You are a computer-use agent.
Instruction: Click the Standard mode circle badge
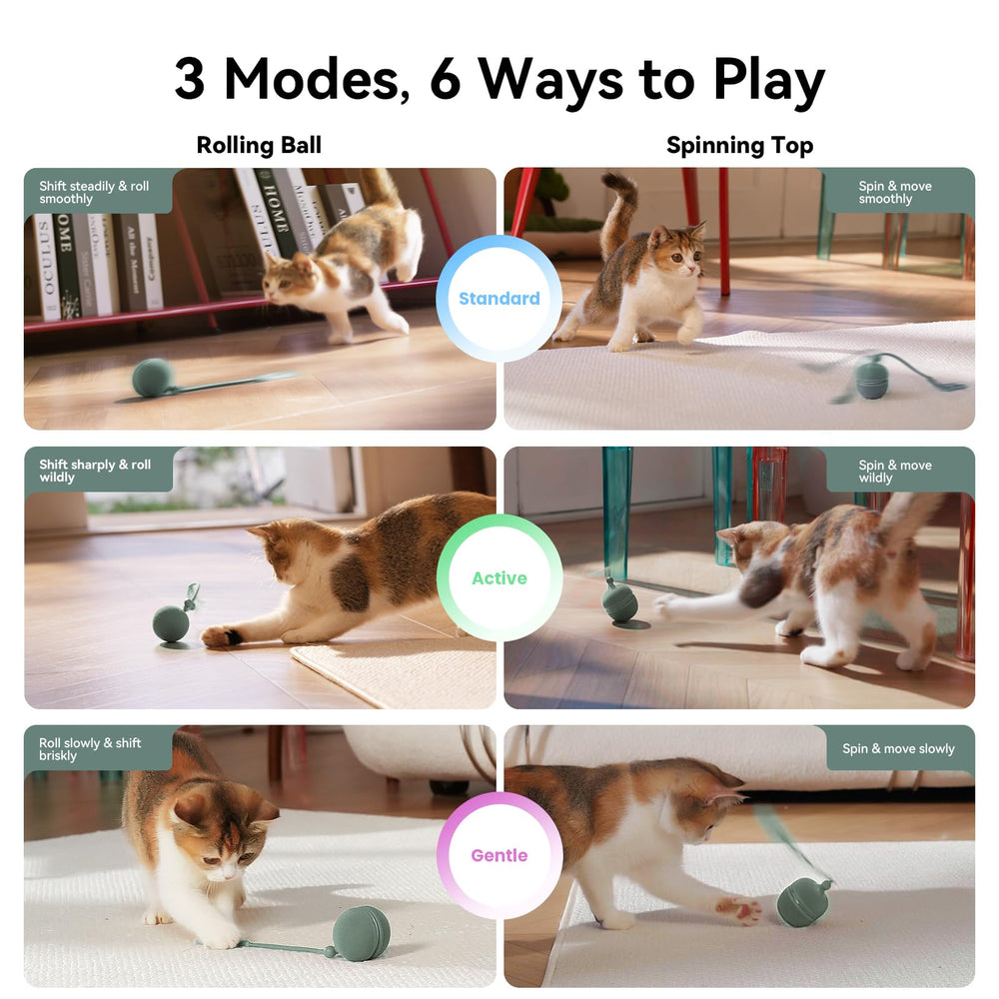(499, 298)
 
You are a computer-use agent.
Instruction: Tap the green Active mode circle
(499, 577)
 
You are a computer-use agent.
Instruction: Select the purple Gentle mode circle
(499, 855)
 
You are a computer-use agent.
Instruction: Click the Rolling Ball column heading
(259, 145)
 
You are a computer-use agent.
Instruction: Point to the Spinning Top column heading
(739, 146)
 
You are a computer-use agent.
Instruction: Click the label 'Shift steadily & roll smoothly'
(94, 193)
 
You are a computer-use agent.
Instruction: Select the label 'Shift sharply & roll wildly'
(95, 471)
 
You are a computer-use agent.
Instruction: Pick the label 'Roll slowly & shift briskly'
(90, 749)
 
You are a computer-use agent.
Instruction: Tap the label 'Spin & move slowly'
(898, 748)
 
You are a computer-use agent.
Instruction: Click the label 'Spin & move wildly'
(894, 472)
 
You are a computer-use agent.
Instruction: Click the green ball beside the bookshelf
(153, 378)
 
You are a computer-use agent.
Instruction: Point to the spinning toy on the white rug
(871, 378)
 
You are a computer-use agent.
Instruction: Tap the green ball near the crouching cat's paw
(171, 624)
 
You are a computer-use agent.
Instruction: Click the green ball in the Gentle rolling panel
(362, 933)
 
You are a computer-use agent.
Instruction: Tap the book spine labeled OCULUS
(47, 267)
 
